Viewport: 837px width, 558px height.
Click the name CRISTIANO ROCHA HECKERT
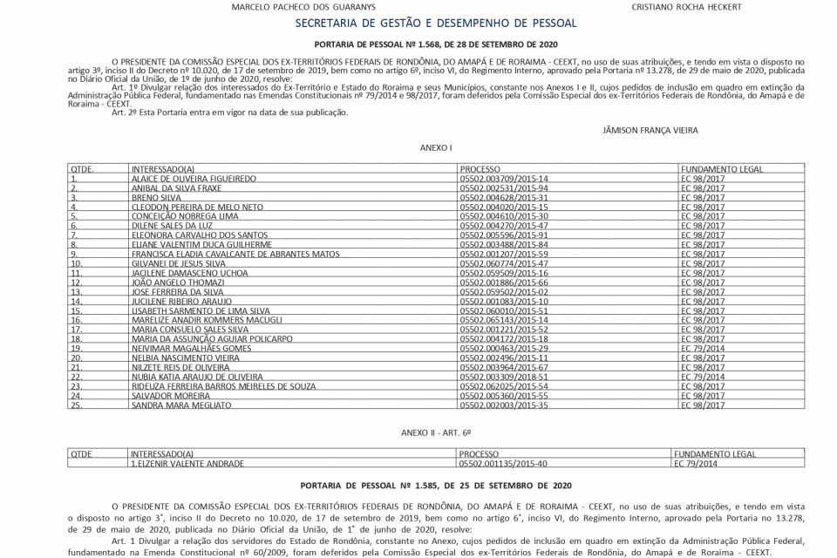pos(686,7)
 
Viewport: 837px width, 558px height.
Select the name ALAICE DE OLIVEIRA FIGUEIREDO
pos(194,179)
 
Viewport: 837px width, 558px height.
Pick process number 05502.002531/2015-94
pos(504,188)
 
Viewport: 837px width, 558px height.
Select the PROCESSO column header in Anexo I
pos(480,168)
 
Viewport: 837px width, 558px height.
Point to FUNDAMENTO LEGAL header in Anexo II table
pos(714,454)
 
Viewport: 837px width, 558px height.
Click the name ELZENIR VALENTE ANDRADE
pos(187,464)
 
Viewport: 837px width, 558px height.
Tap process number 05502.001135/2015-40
pos(503,464)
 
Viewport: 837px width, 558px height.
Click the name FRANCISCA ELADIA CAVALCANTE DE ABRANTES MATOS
pos(235,255)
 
